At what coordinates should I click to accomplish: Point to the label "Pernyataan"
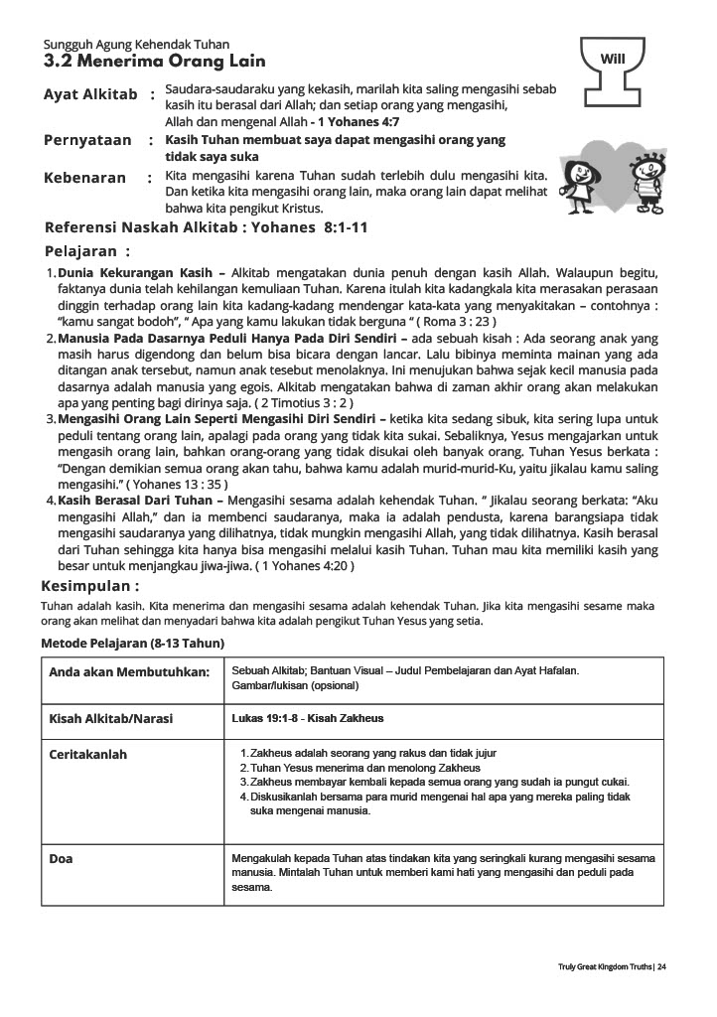click(87, 141)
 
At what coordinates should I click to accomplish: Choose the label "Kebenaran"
click(85, 178)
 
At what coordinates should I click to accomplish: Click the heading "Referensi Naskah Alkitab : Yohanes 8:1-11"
click(207, 227)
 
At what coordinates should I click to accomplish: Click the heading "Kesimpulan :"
click(89, 586)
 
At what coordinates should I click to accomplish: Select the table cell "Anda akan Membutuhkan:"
click(129, 672)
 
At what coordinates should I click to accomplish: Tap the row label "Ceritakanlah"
click(88, 755)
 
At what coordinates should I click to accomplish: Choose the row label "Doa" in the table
click(61, 859)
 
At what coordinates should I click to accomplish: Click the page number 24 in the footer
click(661, 966)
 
